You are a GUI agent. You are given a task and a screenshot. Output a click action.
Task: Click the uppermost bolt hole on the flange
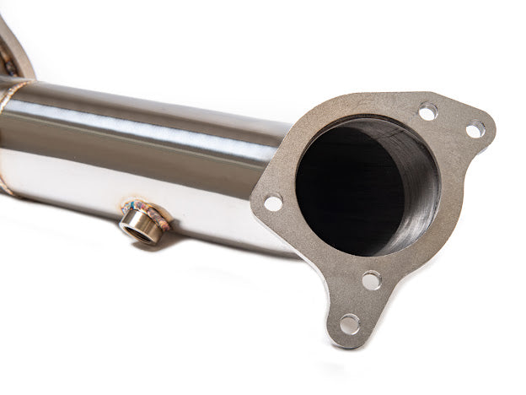point(427,111)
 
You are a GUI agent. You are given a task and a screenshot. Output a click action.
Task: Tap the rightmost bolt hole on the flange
point(475,129)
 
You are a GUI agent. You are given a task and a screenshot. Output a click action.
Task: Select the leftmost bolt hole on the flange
point(273,203)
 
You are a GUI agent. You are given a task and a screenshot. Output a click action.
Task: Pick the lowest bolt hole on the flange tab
point(350,323)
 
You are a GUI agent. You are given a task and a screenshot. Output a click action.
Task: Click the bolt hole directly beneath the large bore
point(371,280)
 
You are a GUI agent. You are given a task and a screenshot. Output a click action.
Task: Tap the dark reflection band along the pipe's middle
point(143,152)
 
